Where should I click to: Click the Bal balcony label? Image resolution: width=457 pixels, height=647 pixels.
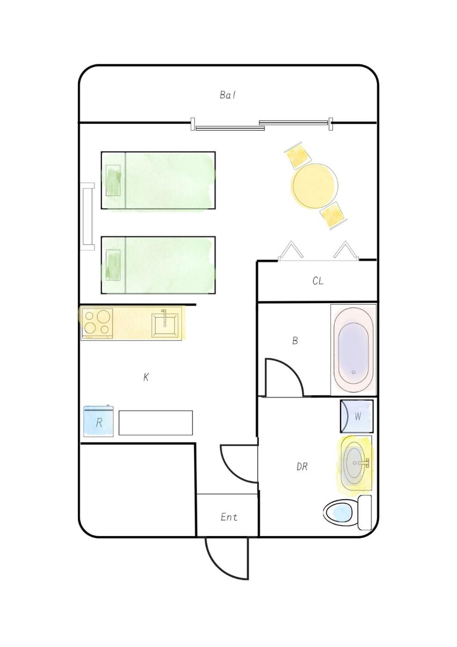pyautogui.click(x=228, y=95)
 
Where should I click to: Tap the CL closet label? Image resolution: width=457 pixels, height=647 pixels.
pyautogui.click(x=318, y=281)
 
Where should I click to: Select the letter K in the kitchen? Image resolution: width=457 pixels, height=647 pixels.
pyautogui.click(x=146, y=377)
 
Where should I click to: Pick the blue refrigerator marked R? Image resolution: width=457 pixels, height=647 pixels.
pyautogui.click(x=98, y=421)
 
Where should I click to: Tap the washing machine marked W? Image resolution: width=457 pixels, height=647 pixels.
pyautogui.click(x=356, y=416)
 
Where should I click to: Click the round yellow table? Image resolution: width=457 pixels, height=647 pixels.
pyautogui.click(x=315, y=186)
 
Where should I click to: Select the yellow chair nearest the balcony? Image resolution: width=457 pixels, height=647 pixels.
pyautogui.click(x=298, y=156)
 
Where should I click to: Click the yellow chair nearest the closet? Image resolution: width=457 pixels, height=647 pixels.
pyautogui.click(x=333, y=215)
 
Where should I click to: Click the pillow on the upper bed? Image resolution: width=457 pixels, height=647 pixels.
pyautogui.click(x=113, y=181)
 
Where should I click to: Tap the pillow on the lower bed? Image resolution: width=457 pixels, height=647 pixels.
pyautogui.click(x=113, y=265)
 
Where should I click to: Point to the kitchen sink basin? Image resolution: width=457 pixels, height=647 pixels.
pyautogui.click(x=165, y=324)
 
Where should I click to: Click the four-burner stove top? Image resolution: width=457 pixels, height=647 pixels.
pyautogui.click(x=97, y=323)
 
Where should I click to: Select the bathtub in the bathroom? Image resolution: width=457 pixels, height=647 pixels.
pyautogui.click(x=354, y=349)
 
